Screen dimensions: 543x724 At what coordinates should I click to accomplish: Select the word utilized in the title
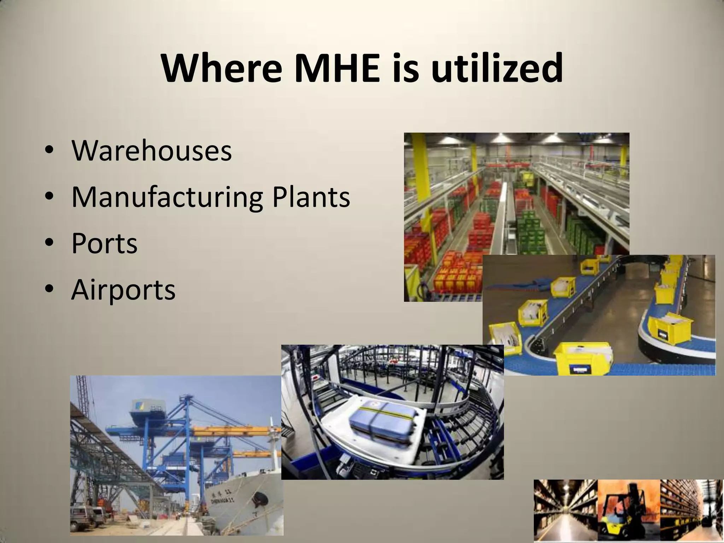(x=497, y=68)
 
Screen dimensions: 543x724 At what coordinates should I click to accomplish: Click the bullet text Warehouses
(x=152, y=151)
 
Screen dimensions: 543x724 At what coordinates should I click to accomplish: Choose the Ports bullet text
(x=104, y=244)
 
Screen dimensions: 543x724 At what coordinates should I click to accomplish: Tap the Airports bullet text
(x=123, y=290)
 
